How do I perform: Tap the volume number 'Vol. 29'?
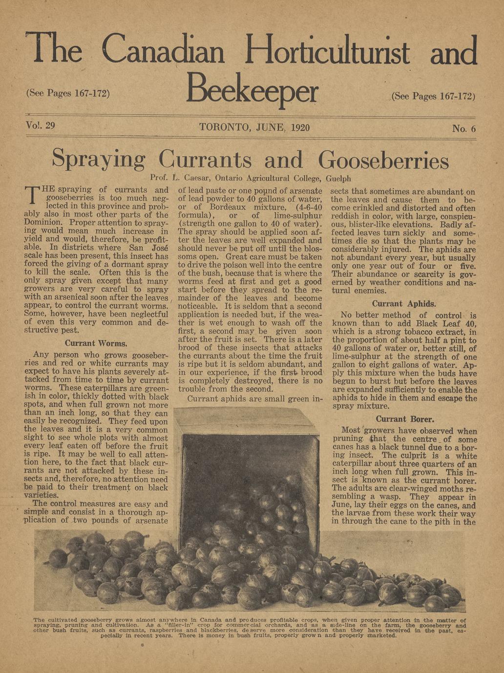(x=40, y=125)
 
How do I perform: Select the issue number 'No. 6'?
(x=463, y=129)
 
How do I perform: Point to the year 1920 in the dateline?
(x=300, y=128)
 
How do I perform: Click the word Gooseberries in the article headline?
(x=383, y=159)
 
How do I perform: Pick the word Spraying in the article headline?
(x=99, y=159)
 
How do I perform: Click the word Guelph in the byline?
(x=338, y=178)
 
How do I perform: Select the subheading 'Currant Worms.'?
(x=96, y=343)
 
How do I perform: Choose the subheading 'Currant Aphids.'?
(x=404, y=304)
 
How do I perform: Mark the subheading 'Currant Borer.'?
(x=405, y=419)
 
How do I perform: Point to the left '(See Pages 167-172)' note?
(x=67, y=93)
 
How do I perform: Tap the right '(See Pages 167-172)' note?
(x=433, y=96)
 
